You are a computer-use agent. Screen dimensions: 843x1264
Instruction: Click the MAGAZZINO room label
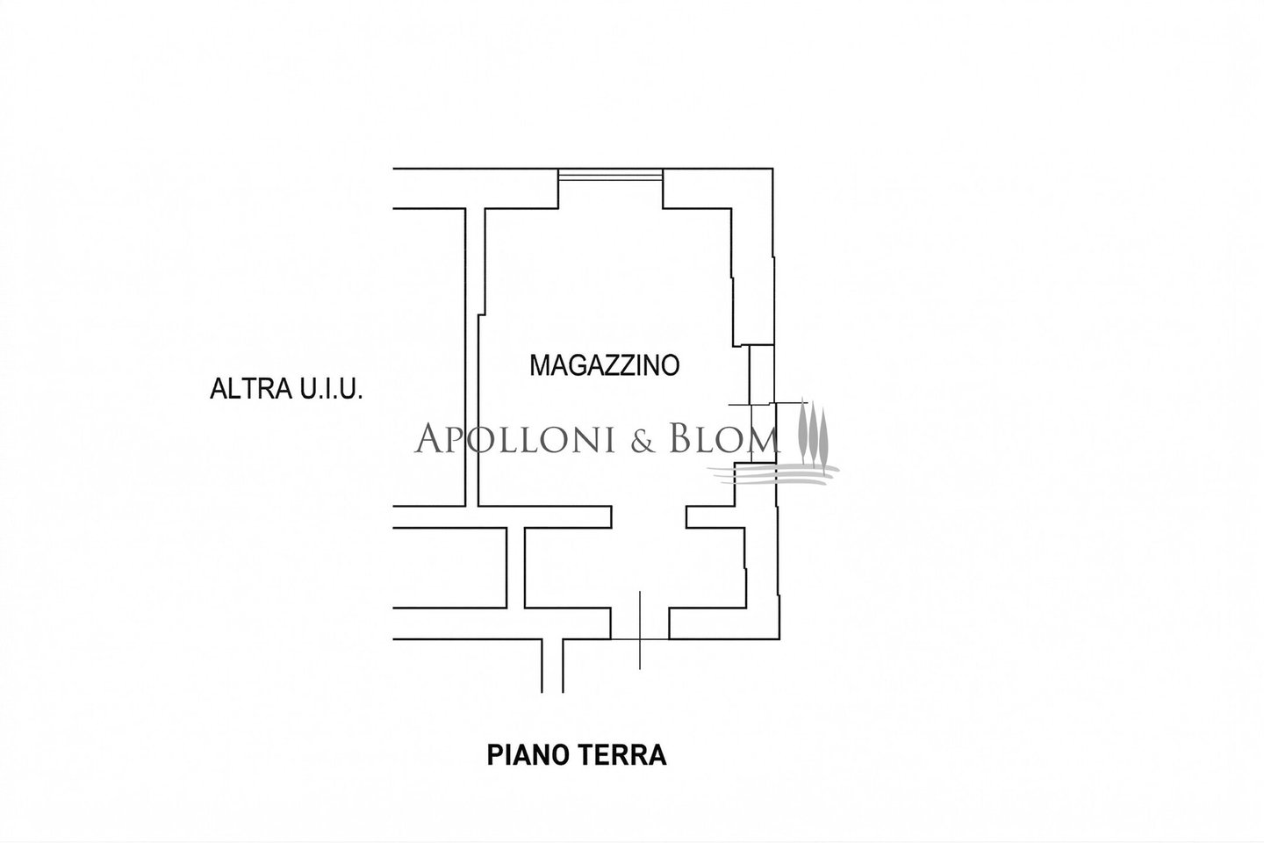pos(605,364)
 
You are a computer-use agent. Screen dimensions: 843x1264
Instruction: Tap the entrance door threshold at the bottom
pos(640,638)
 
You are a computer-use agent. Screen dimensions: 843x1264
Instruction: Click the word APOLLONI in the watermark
pos(527,438)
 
